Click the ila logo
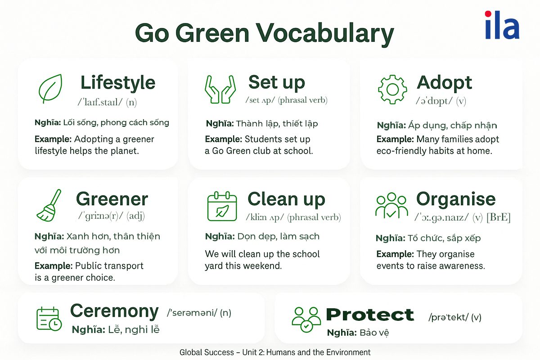click(502, 25)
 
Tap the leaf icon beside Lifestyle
click(50, 89)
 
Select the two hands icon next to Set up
click(220, 89)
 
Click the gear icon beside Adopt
click(392, 90)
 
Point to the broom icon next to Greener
click(49, 205)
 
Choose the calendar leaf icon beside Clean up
click(222, 207)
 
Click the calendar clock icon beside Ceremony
click(49, 319)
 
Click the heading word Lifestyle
click(118, 83)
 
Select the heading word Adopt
click(444, 83)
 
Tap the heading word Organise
click(456, 199)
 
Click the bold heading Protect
click(370, 315)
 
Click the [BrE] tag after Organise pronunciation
click(499, 217)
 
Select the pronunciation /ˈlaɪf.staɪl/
click(100, 102)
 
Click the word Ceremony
click(114, 311)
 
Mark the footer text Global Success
click(207, 352)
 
